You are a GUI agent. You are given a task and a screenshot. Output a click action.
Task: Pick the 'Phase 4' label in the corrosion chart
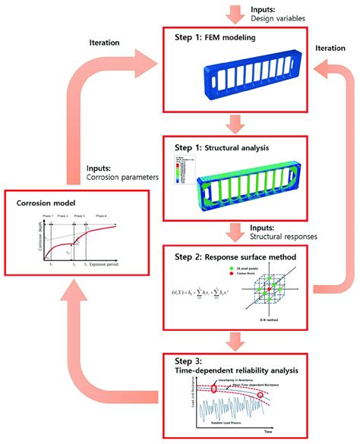click(x=101, y=216)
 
